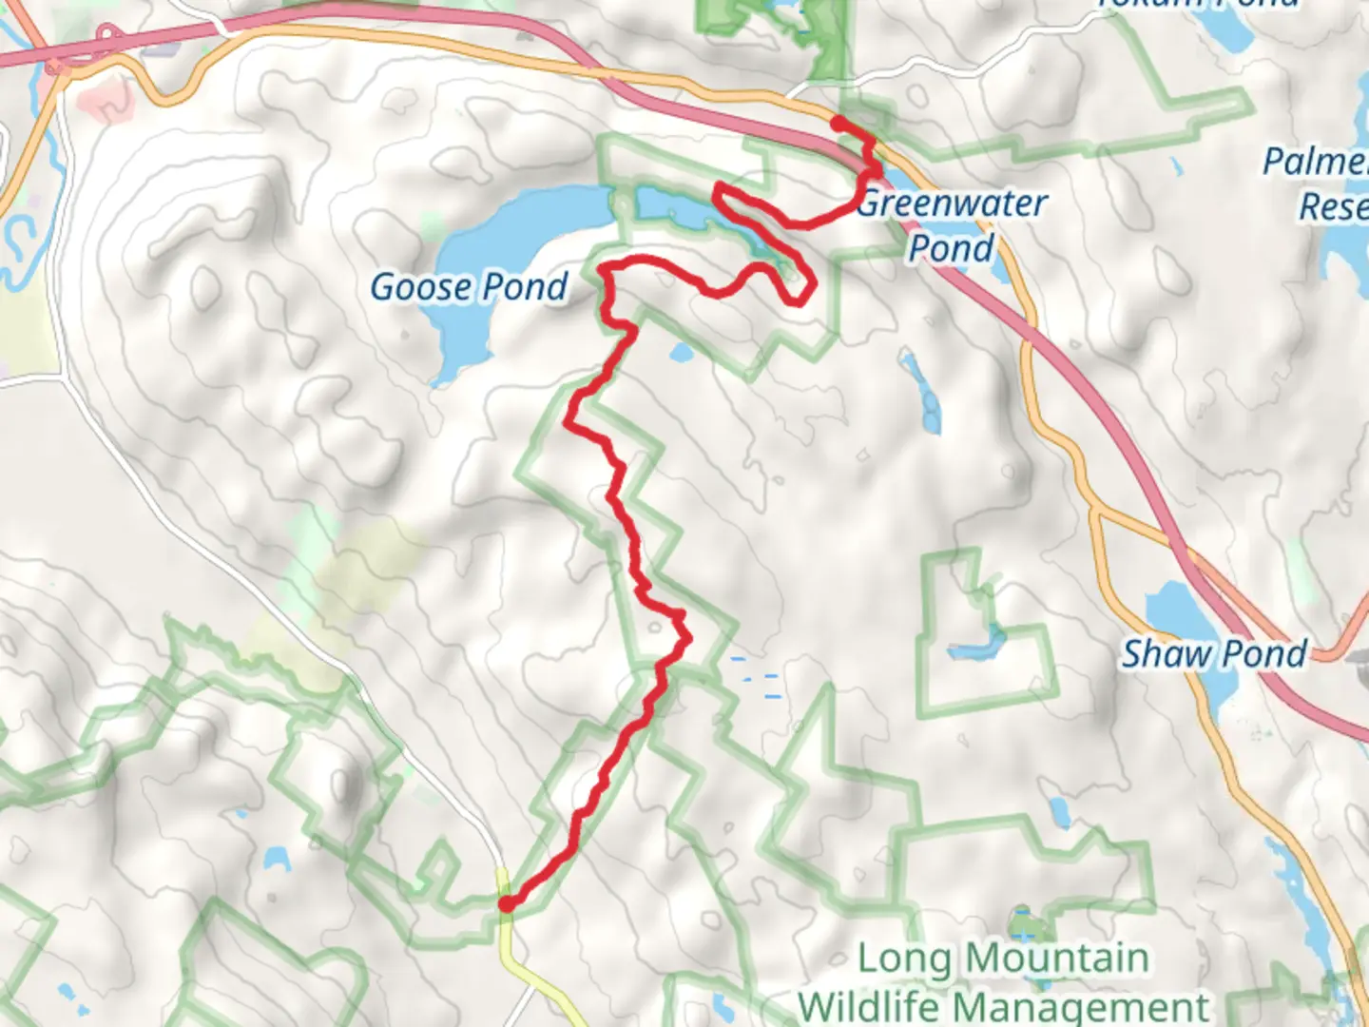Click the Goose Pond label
(x=469, y=286)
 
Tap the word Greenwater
(x=952, y=203)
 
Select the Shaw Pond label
(x=1214, y=654)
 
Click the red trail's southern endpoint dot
(x=507, y=903)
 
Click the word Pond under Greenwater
(x=951, y=249)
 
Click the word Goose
(x=420, y=286)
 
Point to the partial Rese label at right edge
(x=1333, y=206)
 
